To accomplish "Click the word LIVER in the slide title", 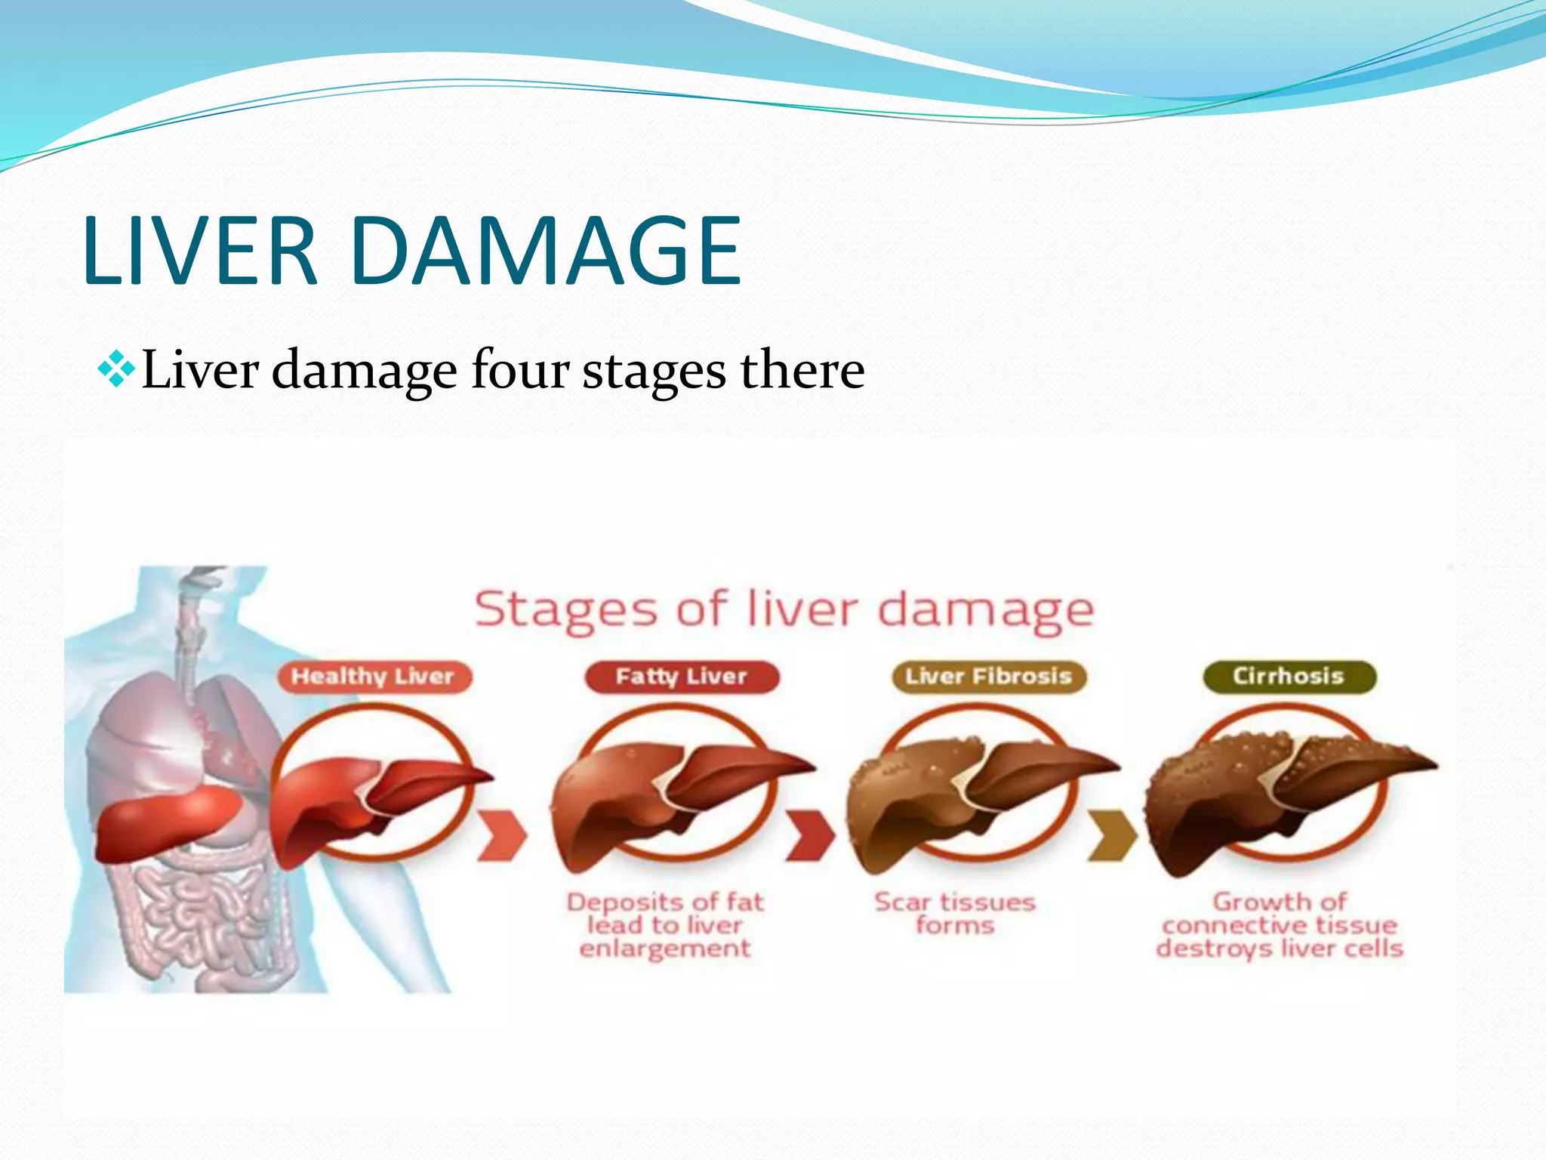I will (200, 251).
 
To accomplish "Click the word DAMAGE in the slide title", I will (545, 251).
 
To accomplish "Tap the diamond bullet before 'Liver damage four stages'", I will (116, 370).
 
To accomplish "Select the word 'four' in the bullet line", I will (519, 370).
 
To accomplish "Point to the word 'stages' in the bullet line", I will (654, 372).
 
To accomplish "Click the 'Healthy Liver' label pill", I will (373, 676).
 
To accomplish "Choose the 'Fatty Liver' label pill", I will (681, 676).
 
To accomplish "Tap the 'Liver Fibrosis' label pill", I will (988, 676).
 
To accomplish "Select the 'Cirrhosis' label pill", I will (1289, 676).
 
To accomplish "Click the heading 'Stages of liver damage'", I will (784, 609).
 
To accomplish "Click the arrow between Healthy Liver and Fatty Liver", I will (502, 836).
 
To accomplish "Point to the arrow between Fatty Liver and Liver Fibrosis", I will (810, 836).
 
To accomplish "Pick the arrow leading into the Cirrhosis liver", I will (1112, 836).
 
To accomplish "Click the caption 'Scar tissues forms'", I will (955, 913).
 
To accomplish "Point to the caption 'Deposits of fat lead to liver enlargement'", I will (665, 925).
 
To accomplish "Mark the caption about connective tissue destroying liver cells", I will (1280, 925).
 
